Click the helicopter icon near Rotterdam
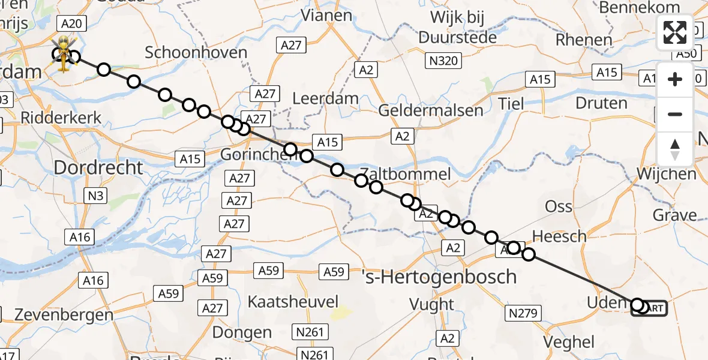coord(63,54)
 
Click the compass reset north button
coord(675,149)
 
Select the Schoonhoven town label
coord(196,53)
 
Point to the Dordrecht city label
coord(99,167)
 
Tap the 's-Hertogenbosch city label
coord(440,277)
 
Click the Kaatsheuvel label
coord(293,301)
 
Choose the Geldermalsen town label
coord(430,110)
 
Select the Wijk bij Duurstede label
coord(458,27)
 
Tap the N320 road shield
coord(442,61)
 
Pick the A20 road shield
coord(71,24)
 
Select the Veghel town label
coord(568,342)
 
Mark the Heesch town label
coord(559,236)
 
